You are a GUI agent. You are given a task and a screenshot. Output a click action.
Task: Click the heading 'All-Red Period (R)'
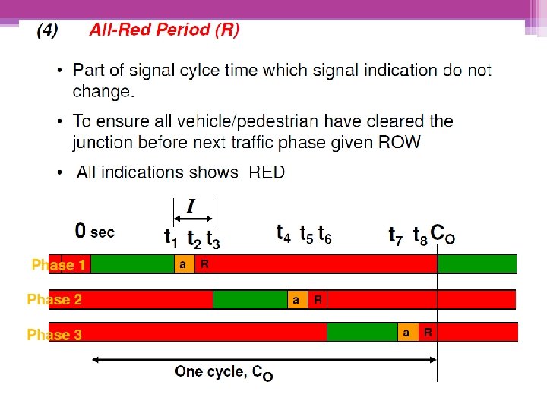click(x=164, y=30)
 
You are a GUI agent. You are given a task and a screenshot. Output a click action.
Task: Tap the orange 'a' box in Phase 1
click(x=183, y=264)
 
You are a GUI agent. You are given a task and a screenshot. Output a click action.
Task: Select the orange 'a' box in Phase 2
click(x=296, y=300)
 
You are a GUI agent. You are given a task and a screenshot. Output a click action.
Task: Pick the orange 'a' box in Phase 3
click(x=407, y=333)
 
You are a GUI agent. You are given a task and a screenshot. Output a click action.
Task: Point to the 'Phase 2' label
click(x=55, y=300)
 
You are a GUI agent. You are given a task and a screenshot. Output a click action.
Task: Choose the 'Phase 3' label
click(x=55, y=334)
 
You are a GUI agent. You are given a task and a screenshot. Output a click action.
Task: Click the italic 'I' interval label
click(x=191, y=206)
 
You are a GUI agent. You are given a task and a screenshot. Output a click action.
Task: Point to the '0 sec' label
click(x=94, y=230)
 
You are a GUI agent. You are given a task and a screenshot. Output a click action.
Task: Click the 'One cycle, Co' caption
click(x=224, y=372)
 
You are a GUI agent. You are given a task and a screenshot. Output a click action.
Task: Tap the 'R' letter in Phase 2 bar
click(x=318, y=300)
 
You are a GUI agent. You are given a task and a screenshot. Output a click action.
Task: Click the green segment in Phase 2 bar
click(x=250, y=300)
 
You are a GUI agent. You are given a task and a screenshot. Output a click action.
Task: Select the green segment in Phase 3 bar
click(x=362, y=333)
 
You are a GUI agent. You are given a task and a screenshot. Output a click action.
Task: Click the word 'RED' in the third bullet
click(x=267, y=172)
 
